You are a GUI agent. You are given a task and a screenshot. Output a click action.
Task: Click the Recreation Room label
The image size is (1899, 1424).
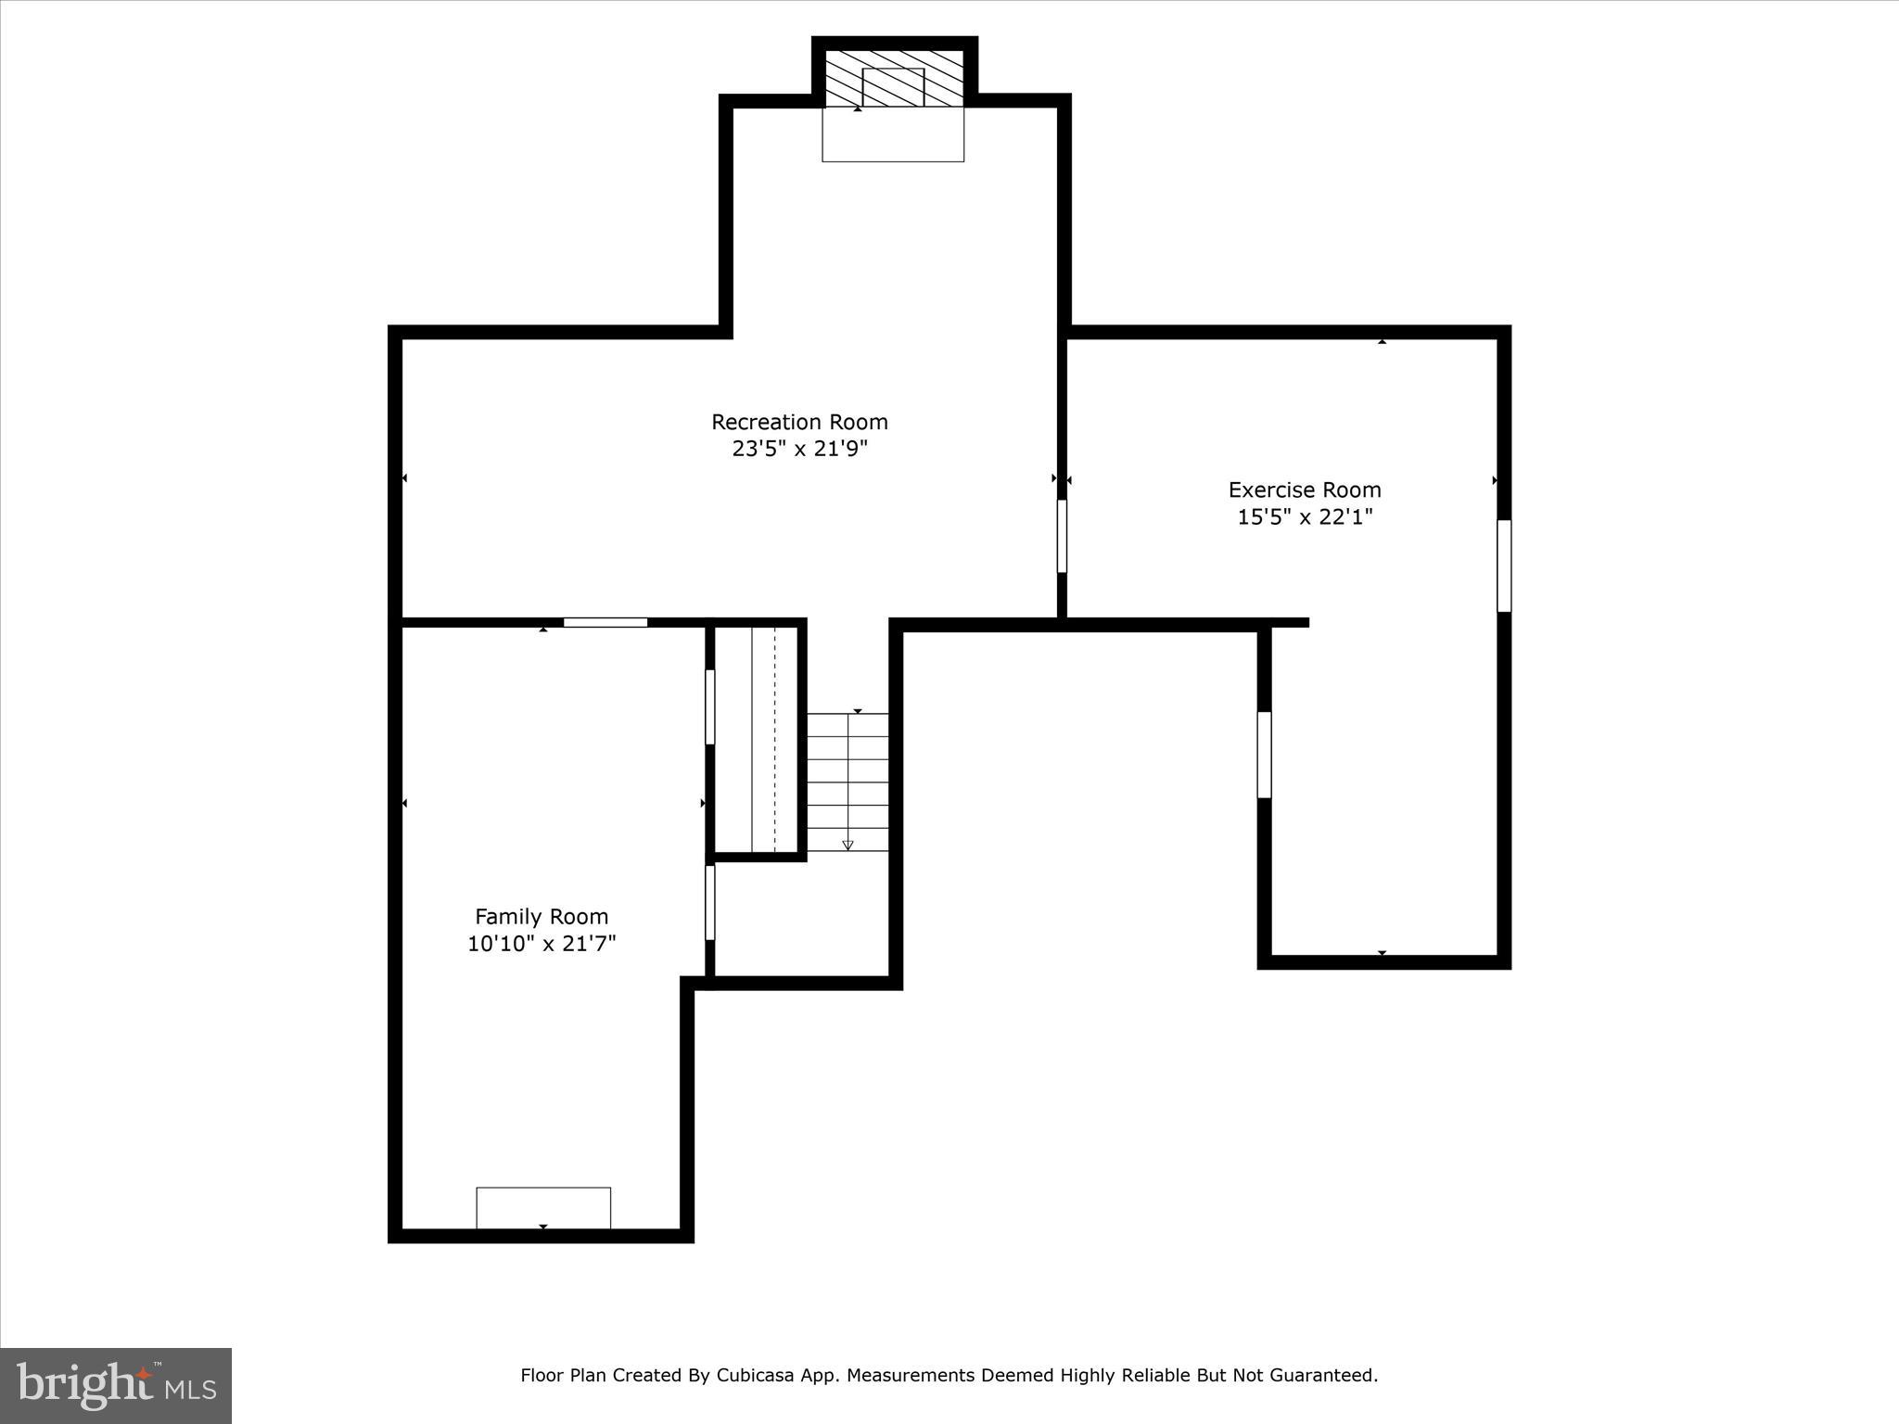click(799, 422)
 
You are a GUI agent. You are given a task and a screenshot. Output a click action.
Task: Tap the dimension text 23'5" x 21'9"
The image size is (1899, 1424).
click(799, 449)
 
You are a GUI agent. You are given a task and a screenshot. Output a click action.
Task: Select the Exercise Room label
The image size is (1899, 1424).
click(1305, 489)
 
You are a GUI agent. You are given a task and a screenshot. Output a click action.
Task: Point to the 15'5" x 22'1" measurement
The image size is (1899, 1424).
click(1305, 516)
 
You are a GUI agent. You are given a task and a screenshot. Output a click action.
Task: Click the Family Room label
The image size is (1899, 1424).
click(542, 916)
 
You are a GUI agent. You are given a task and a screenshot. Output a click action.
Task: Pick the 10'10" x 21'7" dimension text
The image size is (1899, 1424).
click(542, 944)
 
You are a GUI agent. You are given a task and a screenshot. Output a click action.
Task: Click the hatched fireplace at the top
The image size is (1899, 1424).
click(894, 79)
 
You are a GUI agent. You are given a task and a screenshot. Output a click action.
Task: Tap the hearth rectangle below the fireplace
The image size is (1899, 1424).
click(893, 135)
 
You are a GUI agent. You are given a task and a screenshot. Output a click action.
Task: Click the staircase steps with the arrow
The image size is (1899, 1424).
click(848, 782)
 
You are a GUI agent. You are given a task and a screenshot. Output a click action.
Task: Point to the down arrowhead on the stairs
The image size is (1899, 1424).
click(848, 845)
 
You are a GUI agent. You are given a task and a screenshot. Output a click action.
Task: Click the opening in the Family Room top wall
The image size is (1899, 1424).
click(605, 622)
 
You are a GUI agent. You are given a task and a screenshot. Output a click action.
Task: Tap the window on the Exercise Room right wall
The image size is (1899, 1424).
click(1504, 566)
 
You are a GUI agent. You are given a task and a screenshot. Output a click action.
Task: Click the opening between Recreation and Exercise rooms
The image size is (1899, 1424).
click(1062, 536)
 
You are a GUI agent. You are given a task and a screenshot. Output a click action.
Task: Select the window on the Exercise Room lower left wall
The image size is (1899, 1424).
click(1264, 754)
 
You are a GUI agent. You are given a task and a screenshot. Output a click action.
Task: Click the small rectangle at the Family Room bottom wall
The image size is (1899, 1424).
click(543, 1207)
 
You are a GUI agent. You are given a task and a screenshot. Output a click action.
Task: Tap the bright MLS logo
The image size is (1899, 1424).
click(116, 1385)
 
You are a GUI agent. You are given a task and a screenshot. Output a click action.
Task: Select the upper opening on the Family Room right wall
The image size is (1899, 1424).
click(710, 706)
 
